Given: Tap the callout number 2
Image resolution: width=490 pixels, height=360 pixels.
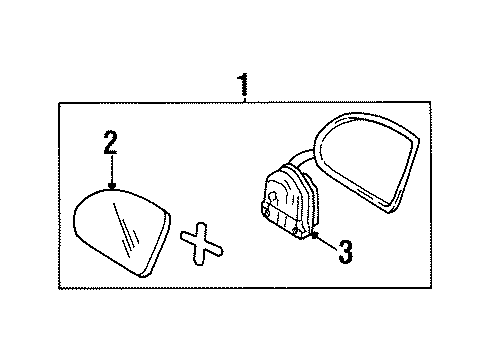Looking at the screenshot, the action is (110, 144).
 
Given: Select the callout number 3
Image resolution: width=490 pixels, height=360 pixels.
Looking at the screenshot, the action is (345, 253).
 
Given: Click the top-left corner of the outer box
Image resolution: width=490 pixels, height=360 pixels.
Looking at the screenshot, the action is (59, 103).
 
